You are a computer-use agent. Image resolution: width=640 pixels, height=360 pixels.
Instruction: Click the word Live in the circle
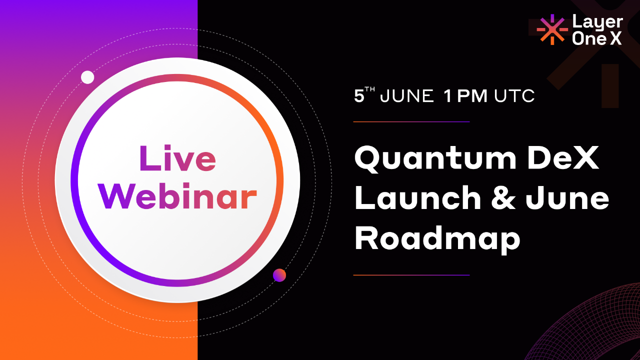tap(177, 158)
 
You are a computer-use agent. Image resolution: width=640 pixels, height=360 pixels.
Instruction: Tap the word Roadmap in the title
tap(437, 238)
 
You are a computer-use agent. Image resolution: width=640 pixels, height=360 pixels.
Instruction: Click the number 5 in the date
tap(359, 96)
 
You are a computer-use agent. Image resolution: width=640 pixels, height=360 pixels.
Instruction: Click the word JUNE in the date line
tap(407, 96)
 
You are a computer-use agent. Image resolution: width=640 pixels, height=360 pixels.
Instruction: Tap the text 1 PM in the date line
tap(465, 96)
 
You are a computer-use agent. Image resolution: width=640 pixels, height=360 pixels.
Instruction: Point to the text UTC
tap(514, 96)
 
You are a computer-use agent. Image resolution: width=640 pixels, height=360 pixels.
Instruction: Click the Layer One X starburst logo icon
tap(552, 29)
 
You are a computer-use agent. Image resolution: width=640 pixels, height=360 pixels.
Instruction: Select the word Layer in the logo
tap(597, 22)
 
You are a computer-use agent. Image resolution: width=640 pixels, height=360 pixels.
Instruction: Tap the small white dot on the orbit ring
tap(87, 77)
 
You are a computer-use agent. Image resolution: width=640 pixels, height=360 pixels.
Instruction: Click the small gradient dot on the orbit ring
tap(279, 275)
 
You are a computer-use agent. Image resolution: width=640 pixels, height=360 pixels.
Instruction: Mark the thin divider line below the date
tap(411, 121)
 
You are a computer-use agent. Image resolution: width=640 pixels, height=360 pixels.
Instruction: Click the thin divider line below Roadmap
tap(411, 275)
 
